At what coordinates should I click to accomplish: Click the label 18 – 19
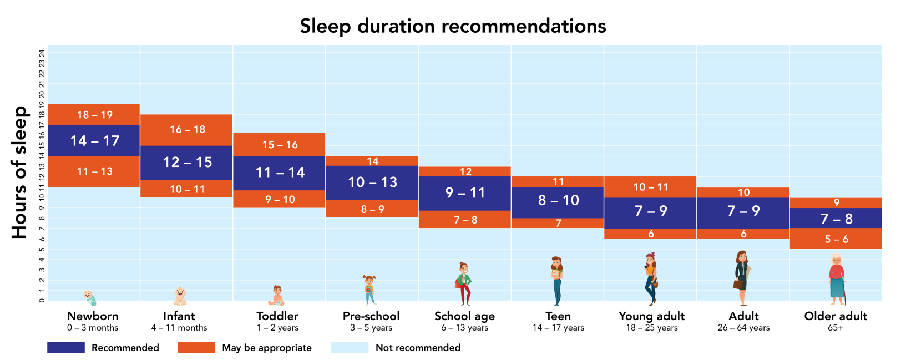point(94,115)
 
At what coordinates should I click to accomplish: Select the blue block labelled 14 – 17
point(94,141)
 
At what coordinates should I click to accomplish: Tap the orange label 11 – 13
point(94,171)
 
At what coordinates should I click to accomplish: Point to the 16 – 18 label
point(187,130)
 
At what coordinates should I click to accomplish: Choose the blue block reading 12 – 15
point(187,163)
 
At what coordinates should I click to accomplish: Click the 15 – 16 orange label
point(280,145)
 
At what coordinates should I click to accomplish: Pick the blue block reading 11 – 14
point(280,173)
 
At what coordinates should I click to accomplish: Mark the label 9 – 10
point(280,200)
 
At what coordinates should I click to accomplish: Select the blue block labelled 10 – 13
point(372,182)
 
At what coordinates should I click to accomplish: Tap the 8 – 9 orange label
point(372,209)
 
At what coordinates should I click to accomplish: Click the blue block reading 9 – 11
point(465,193)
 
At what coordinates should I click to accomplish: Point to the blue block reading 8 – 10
point(558,201)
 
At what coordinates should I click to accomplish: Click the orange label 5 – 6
point(836,240)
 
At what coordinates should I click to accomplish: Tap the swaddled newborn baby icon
point(90,298)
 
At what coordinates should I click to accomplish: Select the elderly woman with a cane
point(837,280)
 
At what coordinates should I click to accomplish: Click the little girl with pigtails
point(370,290)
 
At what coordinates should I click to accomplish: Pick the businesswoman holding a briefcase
point(742,278)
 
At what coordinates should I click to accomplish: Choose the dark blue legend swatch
point(65,348)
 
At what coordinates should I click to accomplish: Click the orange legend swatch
point(196,348)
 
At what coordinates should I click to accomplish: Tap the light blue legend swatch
point(350,348)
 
